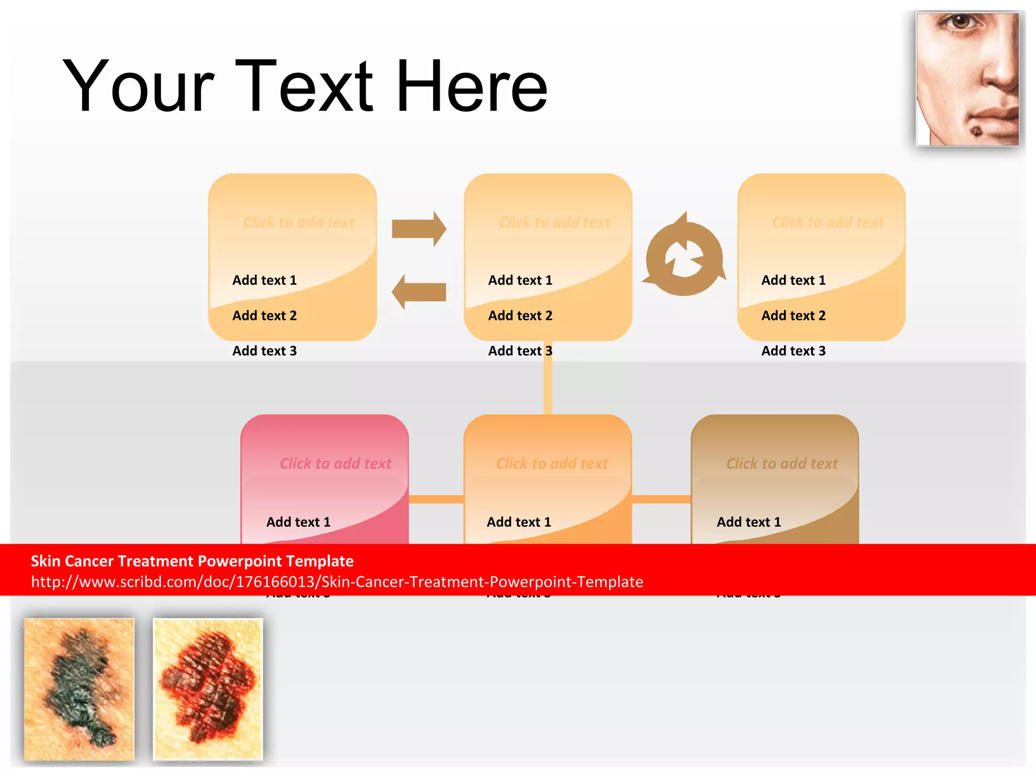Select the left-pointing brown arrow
pyautogui.click(x=419, y=292)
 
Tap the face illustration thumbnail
pyautogui.click(x=967, y=79)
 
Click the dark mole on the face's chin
pyautogui.click(x=976, y=132)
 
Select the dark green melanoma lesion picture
pyautogui.click(x=79, y=689)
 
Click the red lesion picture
pyautogui.click(x=208, y=689)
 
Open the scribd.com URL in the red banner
pyautogui.click(x=337, y=582)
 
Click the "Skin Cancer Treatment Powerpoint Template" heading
pyautogui.click(x=192, y=561)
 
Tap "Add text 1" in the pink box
pyautogui.click(x=298, y=522)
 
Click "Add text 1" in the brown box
pyautogui.click(x=749, y=522)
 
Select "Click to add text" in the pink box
pyautogui.click(x=335, y=463)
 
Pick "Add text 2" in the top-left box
pyautogui.click(x=265, y=316)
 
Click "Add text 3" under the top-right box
pyautogui.click(x=793, y=351)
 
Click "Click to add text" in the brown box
pyautogui.click(x=782, y=463)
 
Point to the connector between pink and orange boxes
pyautogui.click(x=436, y=499)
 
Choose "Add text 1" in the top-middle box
pyautogui.click(x=520, y=280)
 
